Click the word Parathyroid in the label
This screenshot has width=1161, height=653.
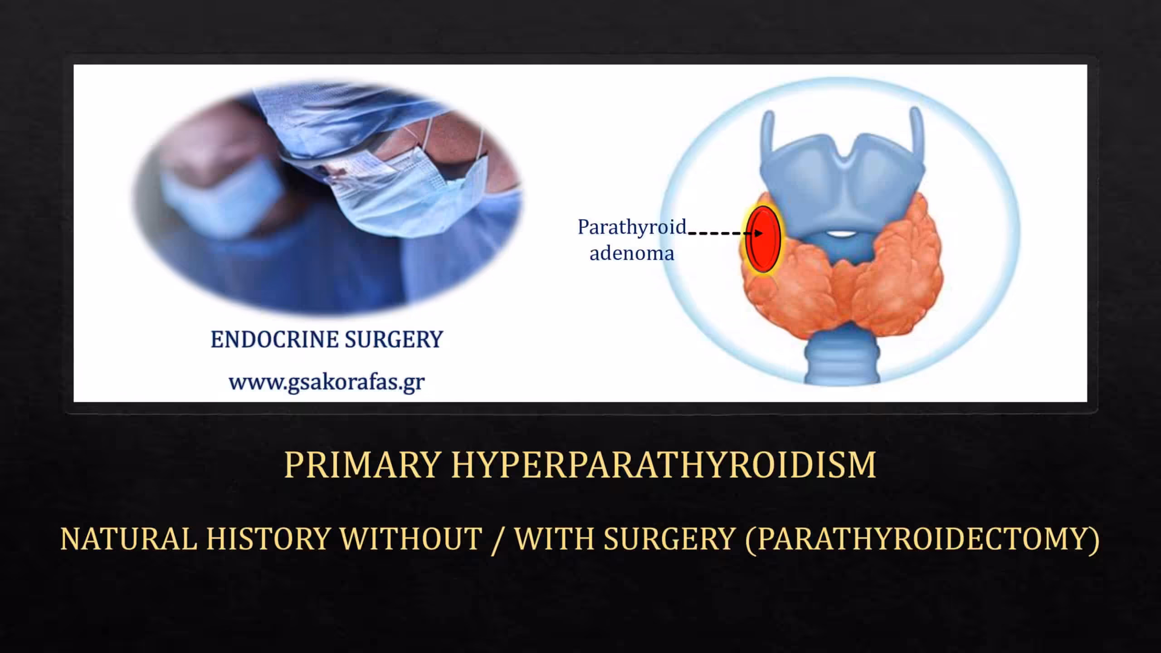click(x=632, y=227)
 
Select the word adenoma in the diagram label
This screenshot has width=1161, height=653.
click(x=632, y=253)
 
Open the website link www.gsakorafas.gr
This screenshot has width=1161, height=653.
click(x=327, y=382)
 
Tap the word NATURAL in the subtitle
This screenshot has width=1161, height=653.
click(x=128, y=539)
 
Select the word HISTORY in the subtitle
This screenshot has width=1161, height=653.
click(x=268, y=539)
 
